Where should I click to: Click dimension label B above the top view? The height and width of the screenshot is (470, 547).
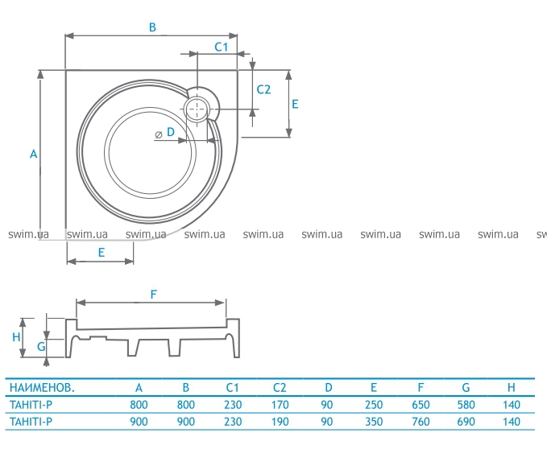[152, 27]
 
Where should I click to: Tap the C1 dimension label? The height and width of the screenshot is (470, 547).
[222, 47]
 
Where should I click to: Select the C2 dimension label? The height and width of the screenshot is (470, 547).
[263, 89]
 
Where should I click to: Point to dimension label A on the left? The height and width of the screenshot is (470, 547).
[33, 154]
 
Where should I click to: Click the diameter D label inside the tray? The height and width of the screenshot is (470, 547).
[164, 133]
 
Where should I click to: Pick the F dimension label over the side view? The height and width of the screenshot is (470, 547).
[154, 295]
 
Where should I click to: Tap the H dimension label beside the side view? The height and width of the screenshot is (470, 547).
[16, 337]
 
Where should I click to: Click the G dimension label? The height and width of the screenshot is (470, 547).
[41, 346]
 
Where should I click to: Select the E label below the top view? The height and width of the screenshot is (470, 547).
[102, 252]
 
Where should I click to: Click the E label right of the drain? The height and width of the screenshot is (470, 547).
[295, 104]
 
